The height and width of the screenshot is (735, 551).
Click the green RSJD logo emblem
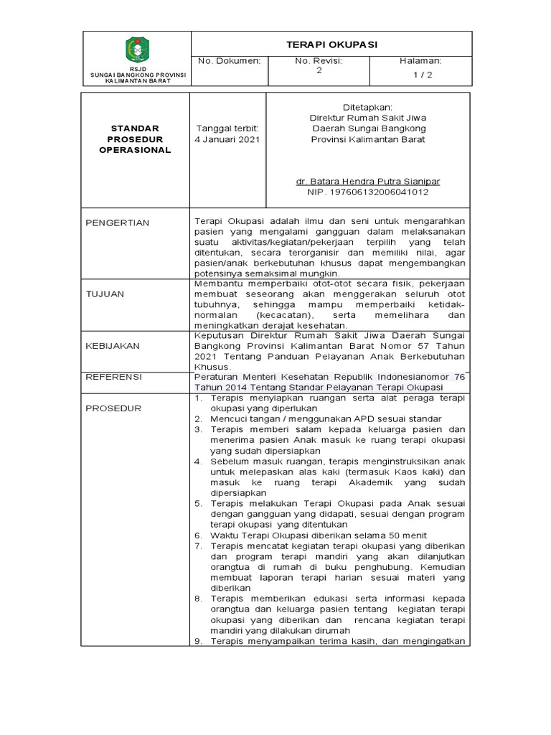coord(137,50)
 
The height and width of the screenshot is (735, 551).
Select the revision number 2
coord(319,71)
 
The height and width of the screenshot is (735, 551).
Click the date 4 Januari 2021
coord(227,139)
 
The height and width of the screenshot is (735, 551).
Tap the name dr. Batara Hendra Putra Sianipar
coord(368,182)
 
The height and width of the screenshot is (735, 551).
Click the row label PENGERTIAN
coord(118,223)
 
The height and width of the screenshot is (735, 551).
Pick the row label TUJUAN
coord(105,294)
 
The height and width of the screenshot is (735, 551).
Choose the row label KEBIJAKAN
coord(113,345)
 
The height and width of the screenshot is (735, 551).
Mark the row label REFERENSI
coord(114,377)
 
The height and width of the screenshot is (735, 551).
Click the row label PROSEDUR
coord(113,408)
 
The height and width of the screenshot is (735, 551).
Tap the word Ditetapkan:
coord(368,106)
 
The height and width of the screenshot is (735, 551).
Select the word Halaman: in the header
coord(420,61)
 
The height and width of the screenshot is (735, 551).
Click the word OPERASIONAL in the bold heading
coord(135,150)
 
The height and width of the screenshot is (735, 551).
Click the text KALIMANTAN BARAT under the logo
coord(136,80)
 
